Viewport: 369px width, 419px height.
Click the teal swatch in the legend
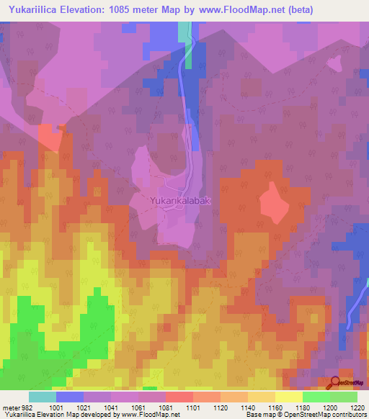click(x=42, y=397)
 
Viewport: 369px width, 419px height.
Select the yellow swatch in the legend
click(x=288, y=397)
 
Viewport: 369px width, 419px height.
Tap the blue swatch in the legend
click(x=69, y=397)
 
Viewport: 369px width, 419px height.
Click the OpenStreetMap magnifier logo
click(x=336, y=382)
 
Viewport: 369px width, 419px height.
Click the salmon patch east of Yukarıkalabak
click(x=270, y=202)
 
